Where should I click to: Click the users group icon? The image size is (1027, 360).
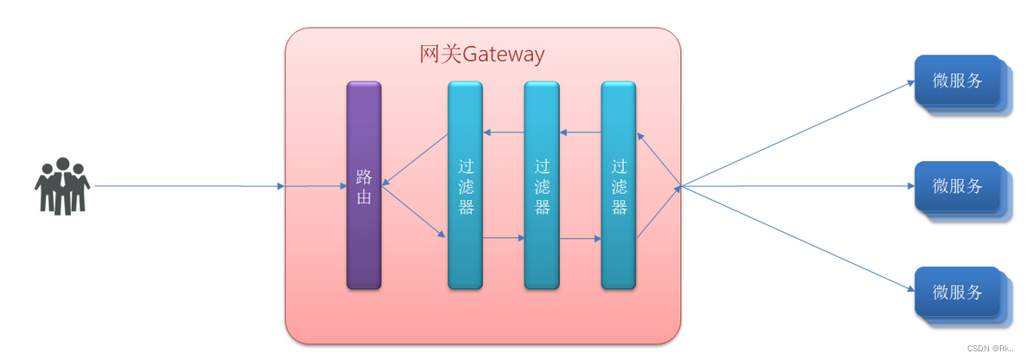pos(62,185)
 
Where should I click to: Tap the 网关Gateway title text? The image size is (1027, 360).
pos(482,55)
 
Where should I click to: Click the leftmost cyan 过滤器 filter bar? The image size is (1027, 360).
pos(465,242)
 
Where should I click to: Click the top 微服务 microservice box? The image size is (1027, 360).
pos(958,81)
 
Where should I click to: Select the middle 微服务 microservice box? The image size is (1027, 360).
pos(958,186)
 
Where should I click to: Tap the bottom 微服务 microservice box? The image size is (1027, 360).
pos(958,292)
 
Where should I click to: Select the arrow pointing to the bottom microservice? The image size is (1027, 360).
pos(796,239)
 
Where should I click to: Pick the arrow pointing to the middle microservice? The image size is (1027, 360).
pos(796,186)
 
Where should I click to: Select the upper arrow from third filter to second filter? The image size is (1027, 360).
pos(581,132)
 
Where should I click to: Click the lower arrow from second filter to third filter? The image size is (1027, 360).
pos(581,237)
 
